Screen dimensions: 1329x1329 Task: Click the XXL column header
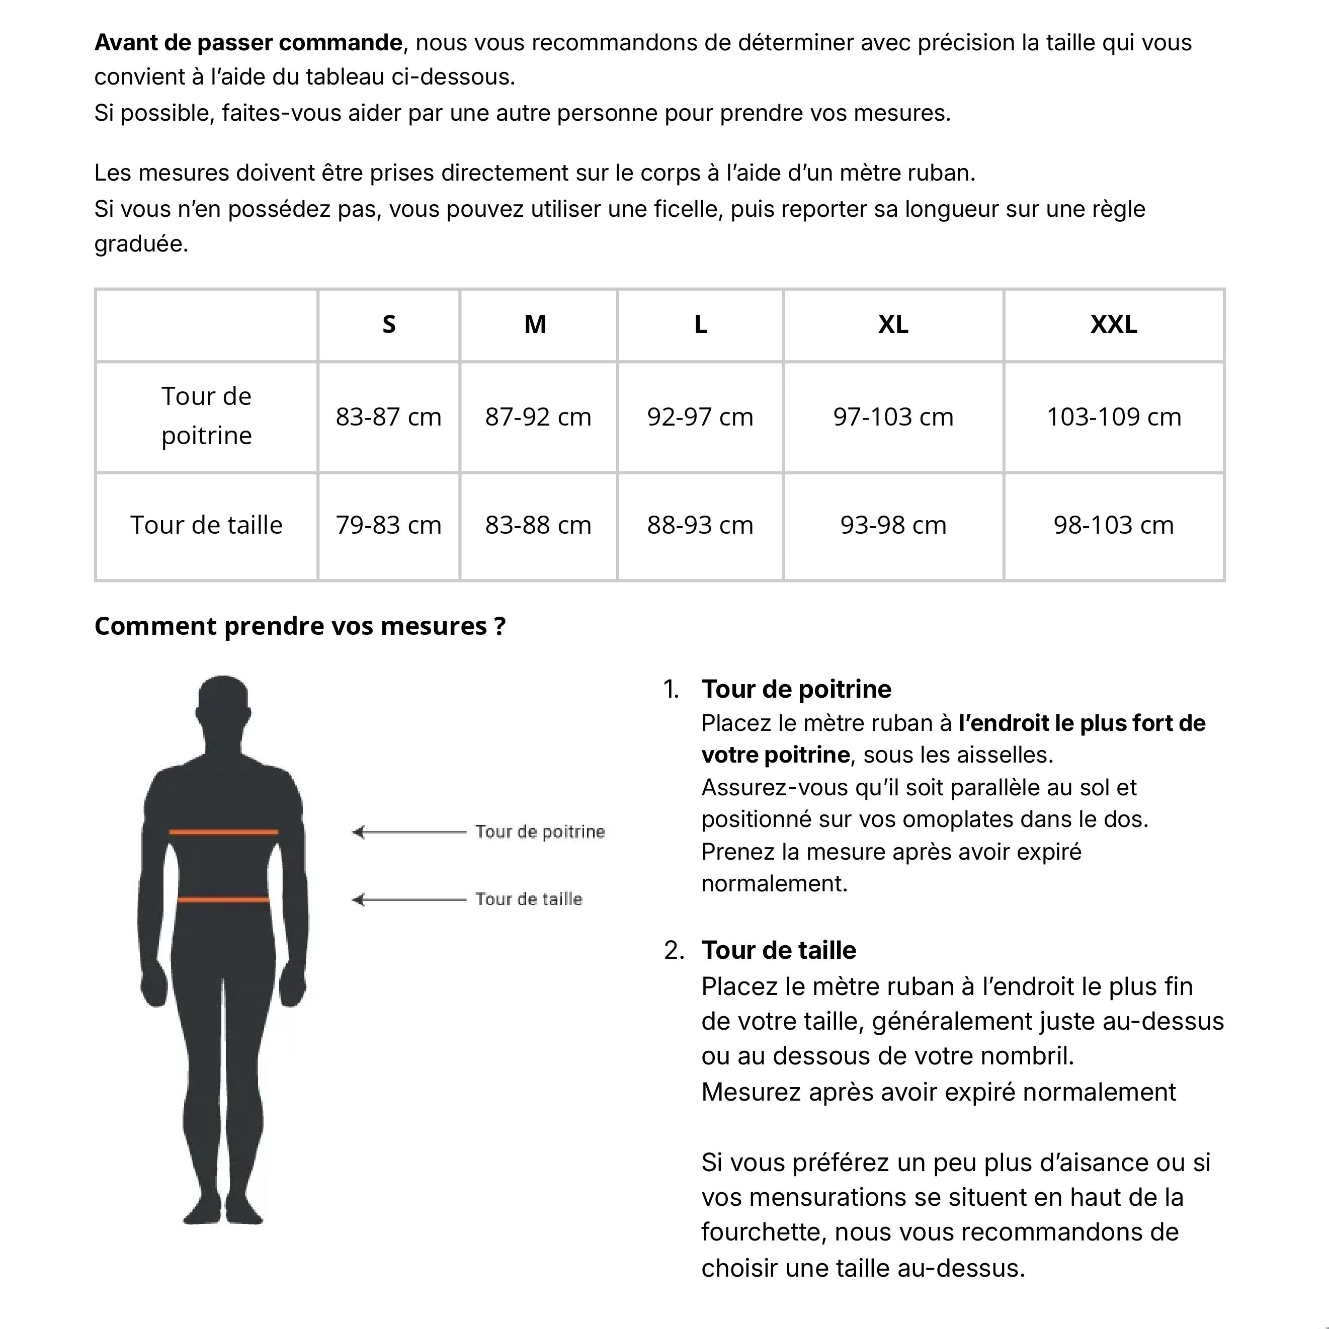click(1113, 324)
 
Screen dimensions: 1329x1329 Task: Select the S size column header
click(389, 324)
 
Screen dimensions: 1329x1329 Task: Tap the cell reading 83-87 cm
click(389, 417)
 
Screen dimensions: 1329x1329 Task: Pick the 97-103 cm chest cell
click(893, 417)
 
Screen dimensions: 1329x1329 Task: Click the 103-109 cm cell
click(1113, 417)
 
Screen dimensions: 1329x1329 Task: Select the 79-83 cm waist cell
click(389, 525)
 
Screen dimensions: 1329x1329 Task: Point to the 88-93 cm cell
click(700, 525)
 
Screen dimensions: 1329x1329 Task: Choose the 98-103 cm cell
click(1113, 525)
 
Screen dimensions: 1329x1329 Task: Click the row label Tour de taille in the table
click(206, 525)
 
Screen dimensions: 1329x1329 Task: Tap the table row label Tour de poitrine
click(206, 416)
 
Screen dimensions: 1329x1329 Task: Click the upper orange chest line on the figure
click(223, 833)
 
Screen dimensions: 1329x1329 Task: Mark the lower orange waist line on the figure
click(223, 899)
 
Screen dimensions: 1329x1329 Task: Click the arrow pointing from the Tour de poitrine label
click(409, 833)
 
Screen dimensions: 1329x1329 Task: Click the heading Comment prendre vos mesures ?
click(300, 626)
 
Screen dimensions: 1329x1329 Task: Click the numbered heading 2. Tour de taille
click(778, 950)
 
